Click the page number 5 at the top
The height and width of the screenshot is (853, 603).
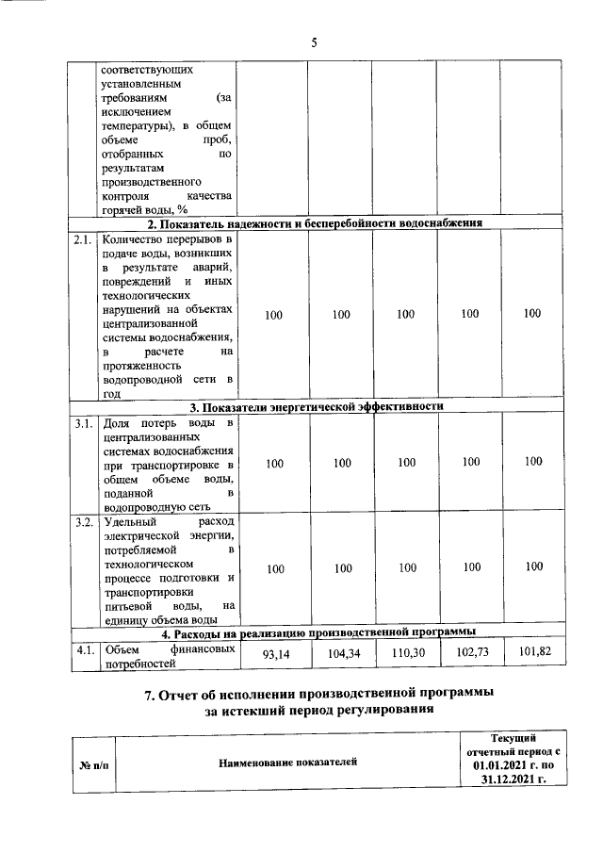pyautogui.click(x=315, y=42)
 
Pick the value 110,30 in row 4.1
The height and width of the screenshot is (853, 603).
pyautogui.click(x=406, y=654)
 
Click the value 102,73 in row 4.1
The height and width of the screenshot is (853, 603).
pyautogui.click(x=470, y=653)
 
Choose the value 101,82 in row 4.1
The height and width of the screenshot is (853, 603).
pyautogui.click(x=533, y=652)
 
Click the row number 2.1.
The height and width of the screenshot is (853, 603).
pyautogui.click(x=84, y=240)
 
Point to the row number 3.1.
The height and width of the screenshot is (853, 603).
pyautogui.click(x=84, y=423)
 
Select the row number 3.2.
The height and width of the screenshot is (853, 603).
pyautogui.click(x=84, y=521)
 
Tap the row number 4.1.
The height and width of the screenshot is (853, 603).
pyautogui.click(x=84, y=648)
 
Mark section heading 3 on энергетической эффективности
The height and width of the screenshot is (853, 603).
pyautogui.click(x=316, y=406)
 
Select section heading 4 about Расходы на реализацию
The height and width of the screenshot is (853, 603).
pyautogui.click(x=316, y=632)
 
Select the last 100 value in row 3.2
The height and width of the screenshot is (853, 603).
pyautogui.click(x=533, y=566)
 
